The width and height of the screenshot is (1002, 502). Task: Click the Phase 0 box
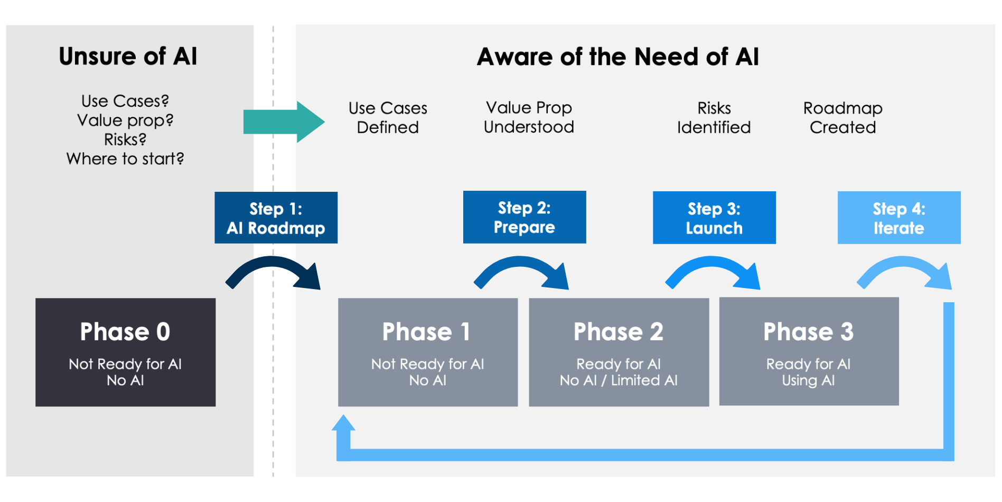click(x=125, y=352)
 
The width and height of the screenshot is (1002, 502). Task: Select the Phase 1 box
click(x=428, y=352)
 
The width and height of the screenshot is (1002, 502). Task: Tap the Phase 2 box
click(x=619, y=352)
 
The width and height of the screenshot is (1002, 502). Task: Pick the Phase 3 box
click(x=809, y=351)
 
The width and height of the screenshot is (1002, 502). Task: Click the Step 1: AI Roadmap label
click(x=276, y=218)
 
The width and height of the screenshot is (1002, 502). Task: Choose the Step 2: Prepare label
click(x=525, y=217)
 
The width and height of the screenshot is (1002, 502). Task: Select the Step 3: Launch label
click(x=714, y=218)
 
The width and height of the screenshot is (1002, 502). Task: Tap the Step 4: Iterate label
click(x=899, y=218)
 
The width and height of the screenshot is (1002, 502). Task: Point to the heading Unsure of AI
click(x=128, y=56)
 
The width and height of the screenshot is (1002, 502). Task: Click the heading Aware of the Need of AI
click(x=617, y=57)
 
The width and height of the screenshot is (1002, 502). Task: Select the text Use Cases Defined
click(x=388, y=117)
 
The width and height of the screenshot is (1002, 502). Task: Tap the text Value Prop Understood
click(x=529, y=117)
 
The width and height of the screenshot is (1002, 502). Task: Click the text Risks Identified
click(x=714, y=117)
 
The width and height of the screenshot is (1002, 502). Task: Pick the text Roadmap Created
click(x=842, y=117)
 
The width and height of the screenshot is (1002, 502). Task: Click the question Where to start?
click(x=125, y=159)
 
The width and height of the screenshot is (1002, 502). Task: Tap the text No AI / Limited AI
click(x=619, y=380)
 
